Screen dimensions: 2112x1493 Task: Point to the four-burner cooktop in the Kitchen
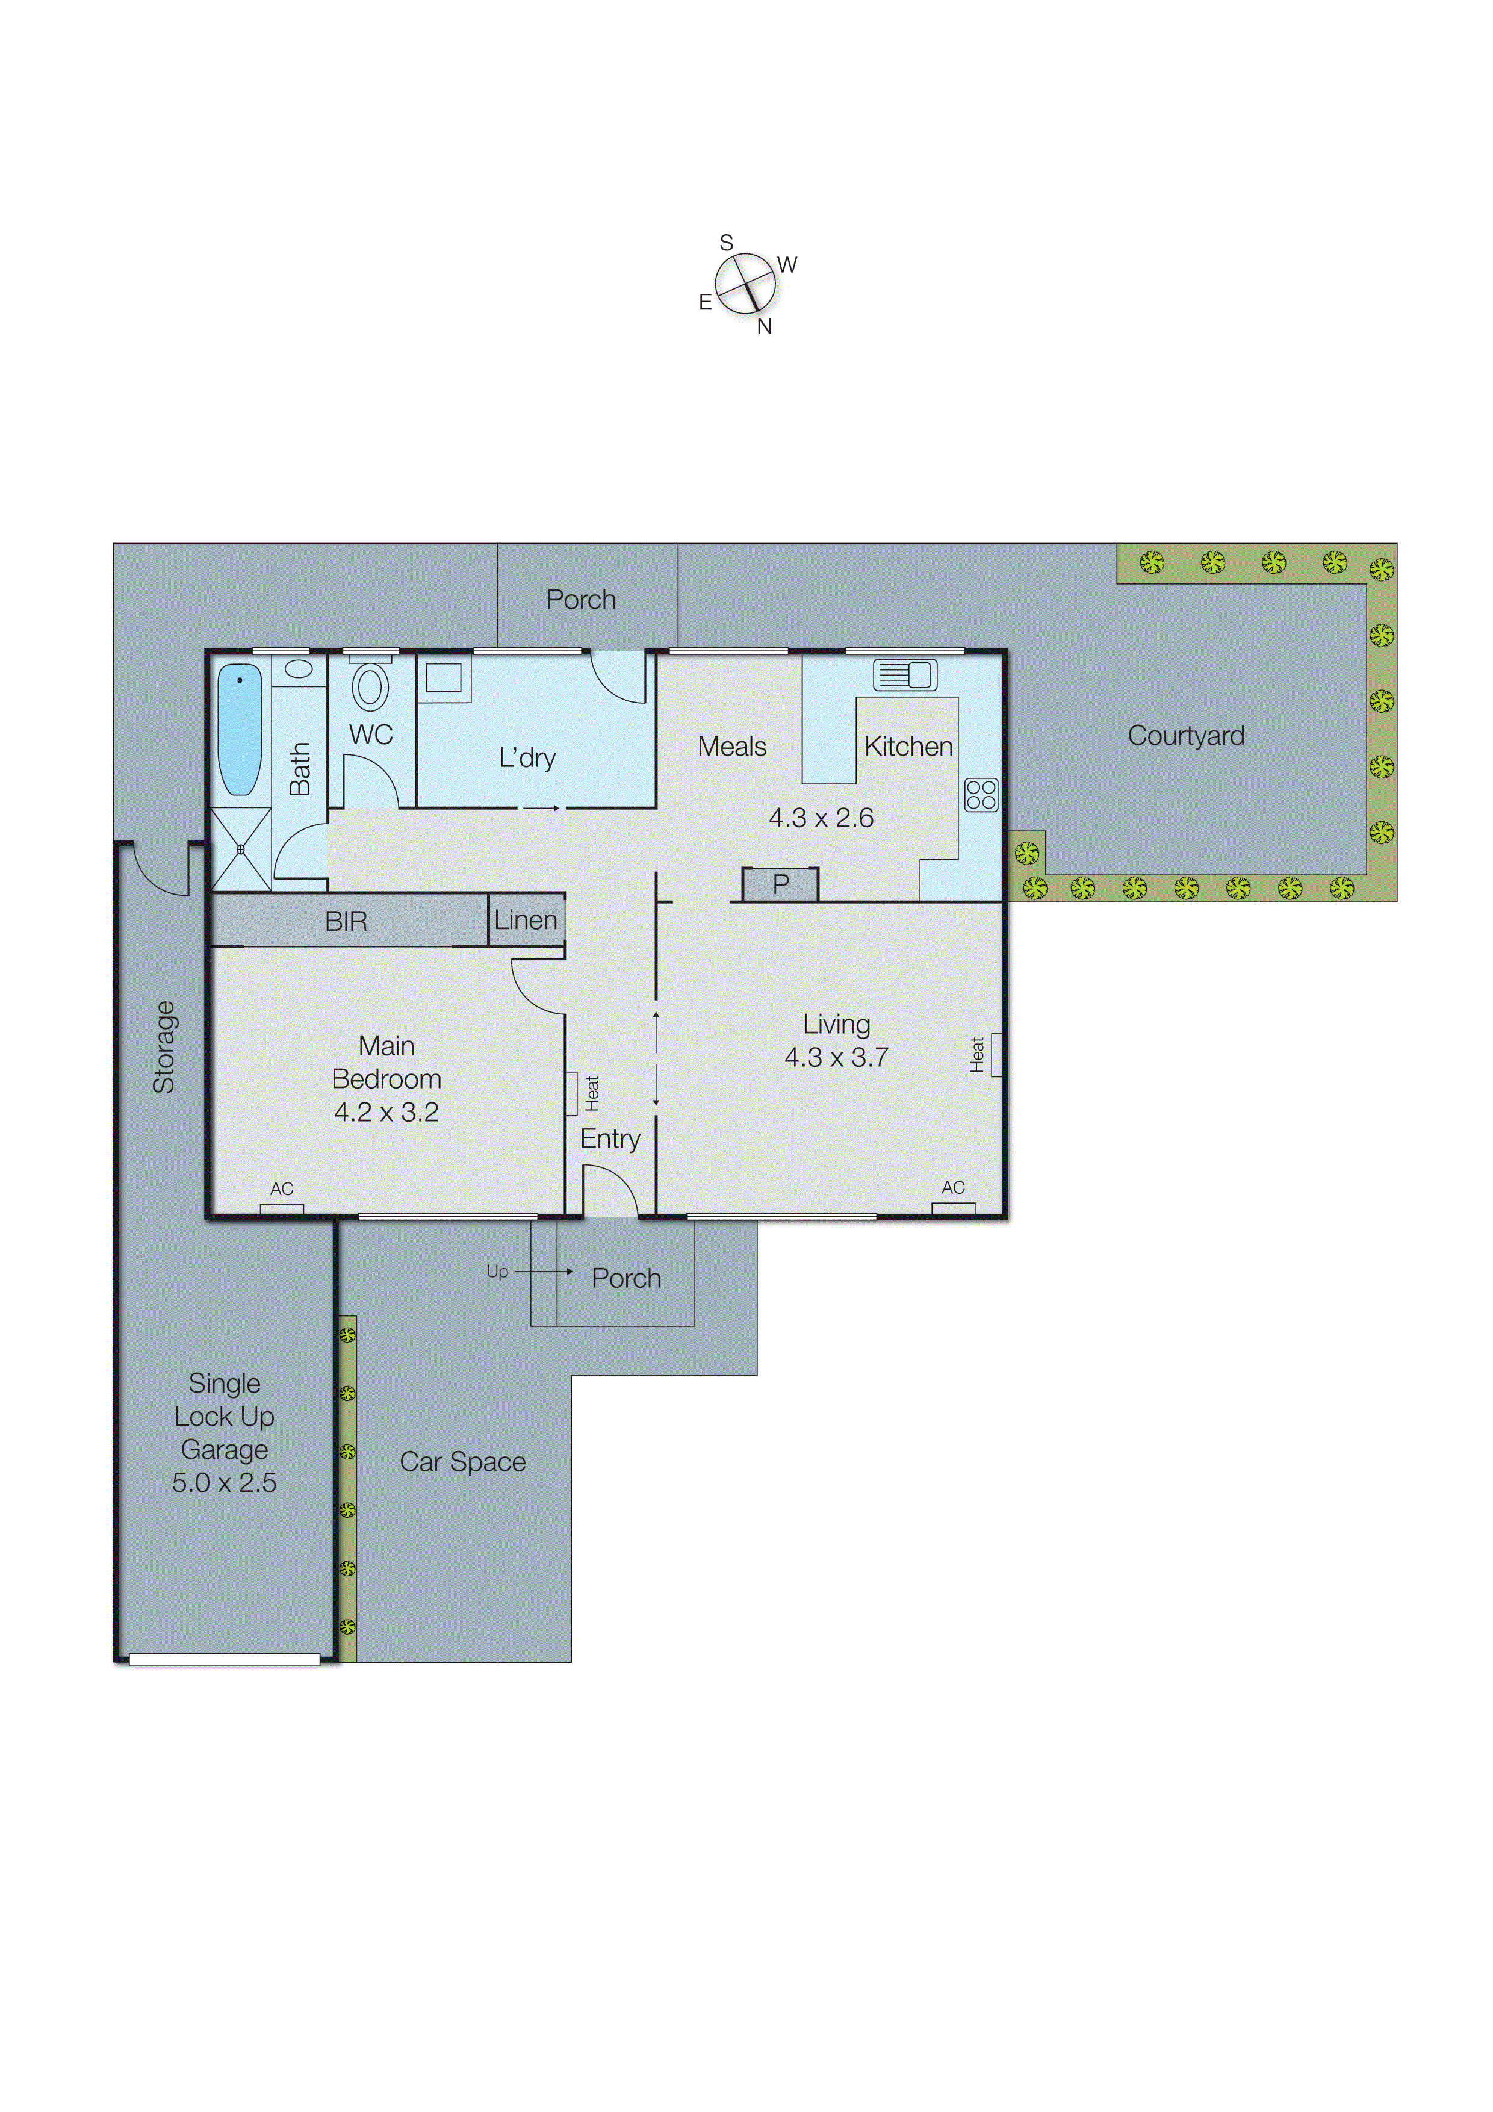pos(981,794)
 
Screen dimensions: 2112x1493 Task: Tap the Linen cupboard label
pos(526,920)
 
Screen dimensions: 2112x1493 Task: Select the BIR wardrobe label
pos(346,921)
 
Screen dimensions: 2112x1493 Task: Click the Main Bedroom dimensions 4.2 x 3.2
pos(386,1112)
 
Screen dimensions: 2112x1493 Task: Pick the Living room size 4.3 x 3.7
pos(836,1058)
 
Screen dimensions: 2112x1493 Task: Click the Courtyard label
pos(1186,736)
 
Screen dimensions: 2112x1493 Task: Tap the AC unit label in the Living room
pos(953,1187)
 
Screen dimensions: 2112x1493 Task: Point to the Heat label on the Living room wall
pos(977,1054)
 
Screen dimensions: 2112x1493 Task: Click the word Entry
pos(610,1139)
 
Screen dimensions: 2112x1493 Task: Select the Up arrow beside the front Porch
pos(543,1272)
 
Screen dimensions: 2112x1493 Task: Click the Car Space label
pos(463,1462)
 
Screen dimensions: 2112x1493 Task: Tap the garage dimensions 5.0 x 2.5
pos(225,1483)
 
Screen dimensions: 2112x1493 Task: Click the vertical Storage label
pos(164,1047)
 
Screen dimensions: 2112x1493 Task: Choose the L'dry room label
pos(527,758)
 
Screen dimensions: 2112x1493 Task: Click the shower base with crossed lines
pos(241,849)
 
